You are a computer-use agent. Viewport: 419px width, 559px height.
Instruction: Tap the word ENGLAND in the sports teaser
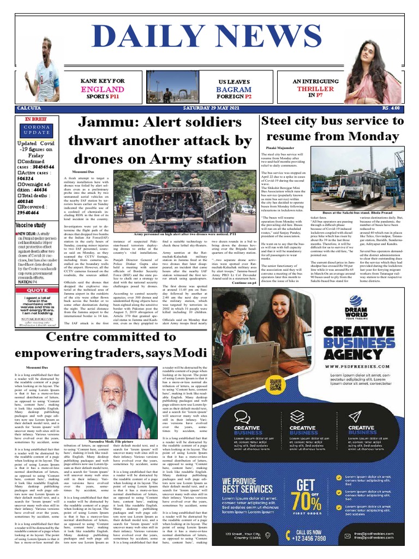[x=102, y=89]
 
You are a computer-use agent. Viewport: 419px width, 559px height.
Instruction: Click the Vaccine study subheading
[x=31, y=225]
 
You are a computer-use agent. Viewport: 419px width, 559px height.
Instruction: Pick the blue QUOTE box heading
[x=38, y=290]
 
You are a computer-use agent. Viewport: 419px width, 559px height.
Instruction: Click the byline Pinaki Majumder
[x=280, y=148]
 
